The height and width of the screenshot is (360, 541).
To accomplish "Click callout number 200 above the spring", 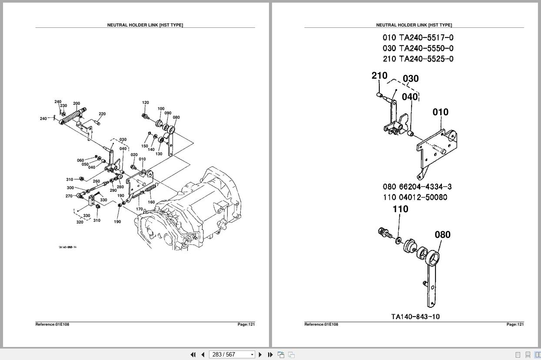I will pos(76,103).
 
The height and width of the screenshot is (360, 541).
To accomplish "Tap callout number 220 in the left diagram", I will pos(102,114).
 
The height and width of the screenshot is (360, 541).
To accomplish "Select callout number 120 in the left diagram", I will pos(146,103).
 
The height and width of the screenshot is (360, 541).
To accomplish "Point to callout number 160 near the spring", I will pos(151,202).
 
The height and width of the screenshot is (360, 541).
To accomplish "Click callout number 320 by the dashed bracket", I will pos(80,222).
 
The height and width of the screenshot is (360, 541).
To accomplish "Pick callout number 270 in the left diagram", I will pos(69,196).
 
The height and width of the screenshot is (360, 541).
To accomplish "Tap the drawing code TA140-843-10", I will pos(415,317).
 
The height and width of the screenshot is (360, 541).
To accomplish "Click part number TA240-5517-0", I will pos(426,38).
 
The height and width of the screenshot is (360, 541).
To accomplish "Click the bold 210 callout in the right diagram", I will pos(379,76).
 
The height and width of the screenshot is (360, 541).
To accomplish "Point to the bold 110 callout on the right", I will pos(400,209).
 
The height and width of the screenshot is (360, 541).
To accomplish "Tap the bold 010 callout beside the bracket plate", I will pos(440,112).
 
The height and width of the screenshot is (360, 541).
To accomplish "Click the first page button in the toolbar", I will pos(193,354).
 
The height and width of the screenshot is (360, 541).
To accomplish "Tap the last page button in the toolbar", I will pos(270,354).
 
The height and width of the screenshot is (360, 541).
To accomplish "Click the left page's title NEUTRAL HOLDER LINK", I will pos(145,25).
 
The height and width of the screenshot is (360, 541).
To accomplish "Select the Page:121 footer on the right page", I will pos(515,324).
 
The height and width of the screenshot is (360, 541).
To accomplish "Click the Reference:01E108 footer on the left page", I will pos(52,324).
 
